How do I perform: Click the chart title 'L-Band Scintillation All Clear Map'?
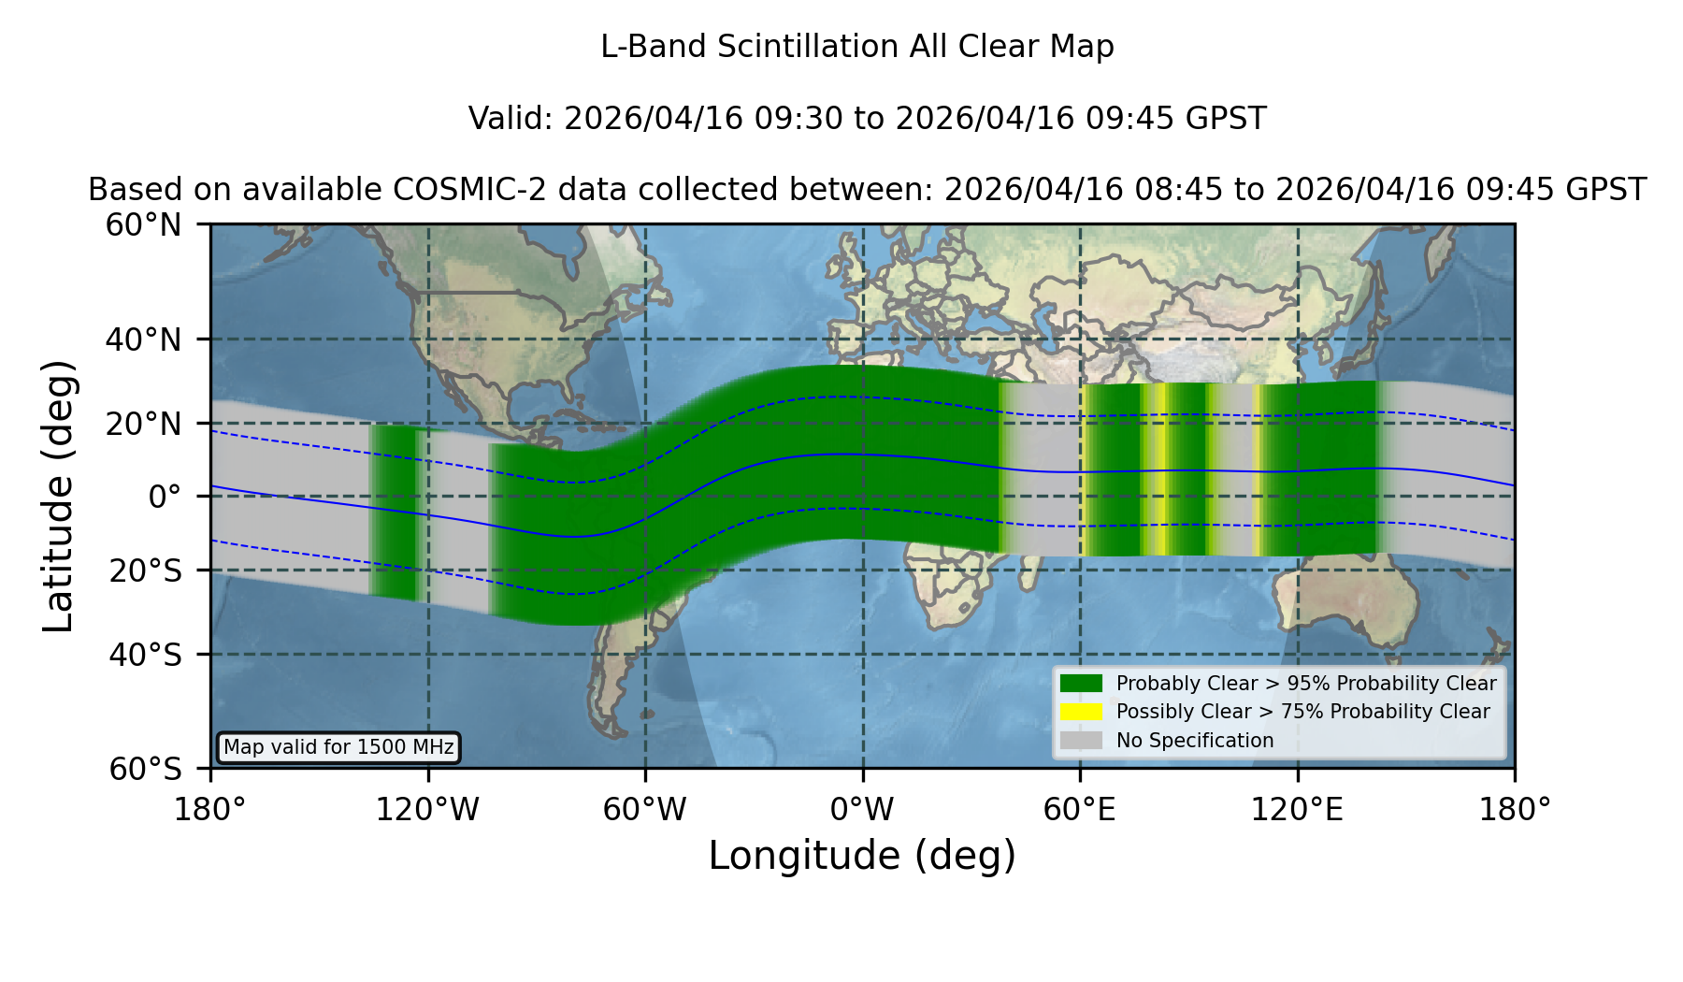(x=856, y=47)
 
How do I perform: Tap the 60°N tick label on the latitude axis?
(x=144, y=225)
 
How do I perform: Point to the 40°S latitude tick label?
(x=145, y=655)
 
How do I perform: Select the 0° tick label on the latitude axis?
(x=165, y=497)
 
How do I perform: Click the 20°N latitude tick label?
(x=144, y=424)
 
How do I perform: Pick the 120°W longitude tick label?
(x=427, y=809)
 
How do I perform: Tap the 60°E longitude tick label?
(x=1080, y=809)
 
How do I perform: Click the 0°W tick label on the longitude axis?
(x=862, y=809)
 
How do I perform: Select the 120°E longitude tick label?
(x=1297, y=809)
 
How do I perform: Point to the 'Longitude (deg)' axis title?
(x=862, y=856)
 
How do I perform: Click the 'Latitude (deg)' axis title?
(x=59, y=496)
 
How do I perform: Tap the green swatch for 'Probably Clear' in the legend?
(x=1081, y=683)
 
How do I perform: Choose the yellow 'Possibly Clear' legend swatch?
(x=1081, y=712)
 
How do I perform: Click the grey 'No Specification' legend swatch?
(x=1081, y=741)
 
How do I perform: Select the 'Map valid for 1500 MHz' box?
(x=338, y=747)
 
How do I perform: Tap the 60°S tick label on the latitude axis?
(x=145, y=769)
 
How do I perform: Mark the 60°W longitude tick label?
(x=645, y=809)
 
